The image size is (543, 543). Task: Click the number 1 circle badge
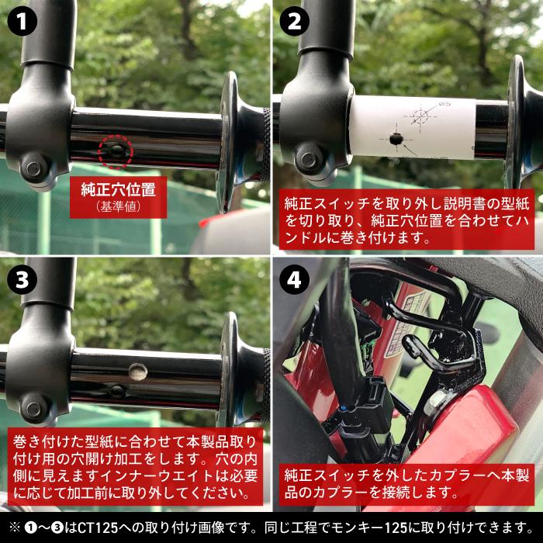click(22, 22)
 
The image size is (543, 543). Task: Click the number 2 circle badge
click(294, 22)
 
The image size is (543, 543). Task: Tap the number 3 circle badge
click(22, 279)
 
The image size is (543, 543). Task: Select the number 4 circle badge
click(294, 279)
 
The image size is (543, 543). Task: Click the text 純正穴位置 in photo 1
click(119, 189)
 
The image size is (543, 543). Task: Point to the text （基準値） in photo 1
click(119, 207)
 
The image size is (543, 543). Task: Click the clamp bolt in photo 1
click(33, 168)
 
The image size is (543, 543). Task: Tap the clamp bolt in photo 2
click(308, 160)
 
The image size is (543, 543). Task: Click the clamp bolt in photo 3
click(33, 410)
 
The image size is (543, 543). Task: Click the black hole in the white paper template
click(396, 139)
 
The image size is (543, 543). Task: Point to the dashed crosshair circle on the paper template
click(420, 116)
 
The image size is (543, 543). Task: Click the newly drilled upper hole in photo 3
click(138, 372)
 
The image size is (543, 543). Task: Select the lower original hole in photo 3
click(117, 392)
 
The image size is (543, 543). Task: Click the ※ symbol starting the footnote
click(15, 527)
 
